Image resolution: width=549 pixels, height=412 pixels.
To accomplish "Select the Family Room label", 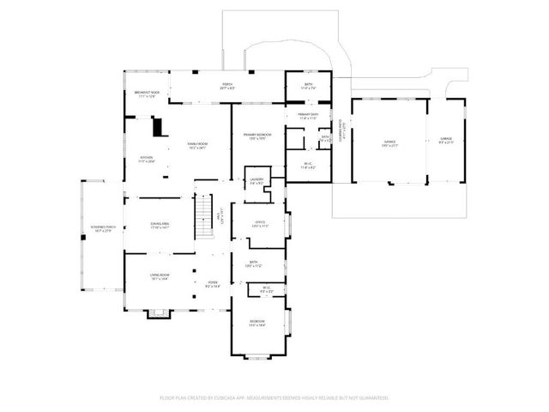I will coord(197,145).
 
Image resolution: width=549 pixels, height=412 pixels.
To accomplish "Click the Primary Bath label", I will coord(308,116).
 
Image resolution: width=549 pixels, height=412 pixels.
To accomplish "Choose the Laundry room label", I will coord(256,181).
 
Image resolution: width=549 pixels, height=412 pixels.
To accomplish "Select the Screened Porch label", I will coord(102,229).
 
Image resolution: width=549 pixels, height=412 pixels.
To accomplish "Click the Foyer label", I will coord(212,284).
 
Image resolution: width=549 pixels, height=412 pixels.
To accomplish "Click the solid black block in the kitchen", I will coord(157,127).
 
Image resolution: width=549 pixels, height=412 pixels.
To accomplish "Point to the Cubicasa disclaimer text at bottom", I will coord(274,398).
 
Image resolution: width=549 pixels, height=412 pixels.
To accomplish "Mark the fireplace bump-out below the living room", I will coord(155,314).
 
